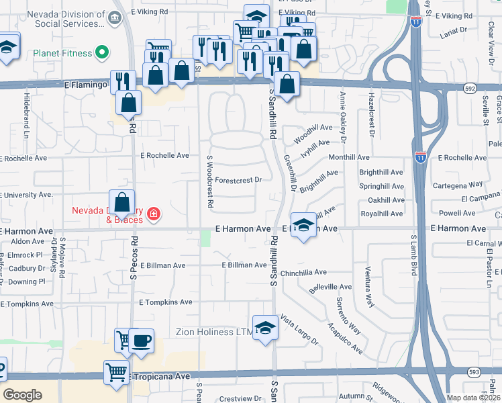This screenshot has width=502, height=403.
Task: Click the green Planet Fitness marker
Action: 102,51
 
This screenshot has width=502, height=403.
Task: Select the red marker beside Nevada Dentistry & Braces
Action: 154,215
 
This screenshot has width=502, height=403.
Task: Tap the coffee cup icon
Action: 141,341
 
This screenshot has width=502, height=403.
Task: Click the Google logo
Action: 23,394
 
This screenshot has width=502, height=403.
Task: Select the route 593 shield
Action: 473,371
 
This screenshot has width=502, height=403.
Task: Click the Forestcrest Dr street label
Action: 238,180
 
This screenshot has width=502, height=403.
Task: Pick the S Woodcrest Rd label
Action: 210,181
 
